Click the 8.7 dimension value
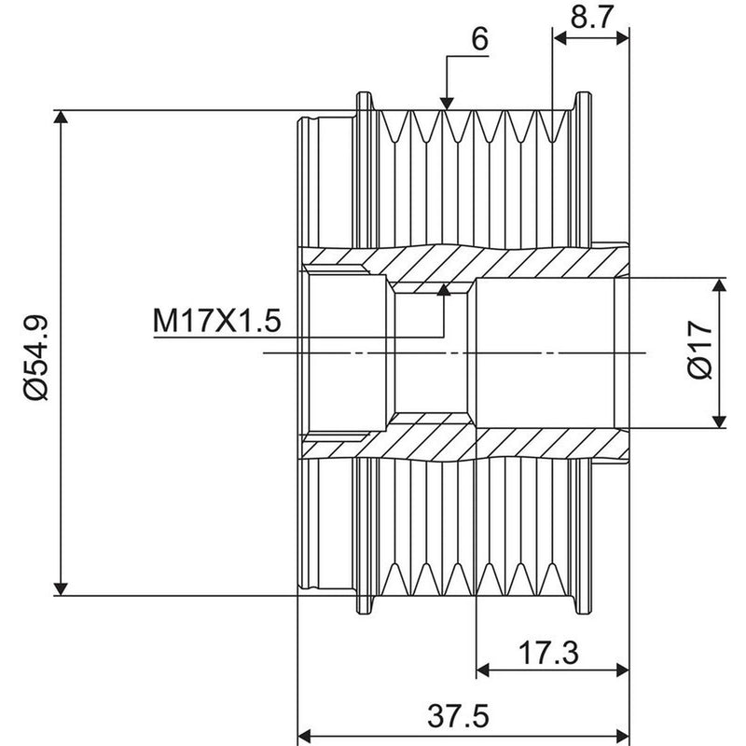[590, 17]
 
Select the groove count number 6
[479, 38]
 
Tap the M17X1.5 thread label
[217, 321]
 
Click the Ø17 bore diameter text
[700, 349]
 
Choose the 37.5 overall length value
[458, 716]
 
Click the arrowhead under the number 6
[447, 103]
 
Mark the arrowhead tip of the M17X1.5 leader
[444, 284]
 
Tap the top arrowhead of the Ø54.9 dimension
[61, 116]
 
